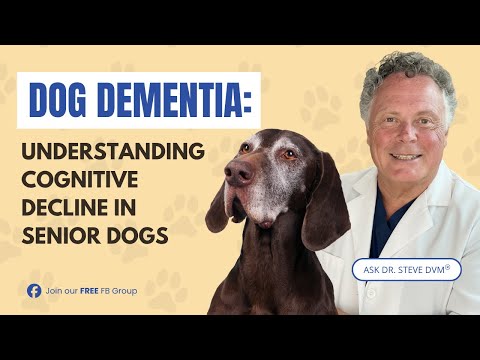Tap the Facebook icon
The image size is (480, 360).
pyautogui.click(x=33, y=291)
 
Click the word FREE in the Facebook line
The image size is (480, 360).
pyautogui.click(x=99, y=291)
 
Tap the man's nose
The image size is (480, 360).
pyautogui.click(x=404, y=135)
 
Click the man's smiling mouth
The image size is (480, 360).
pyautogui.click(x=404, y=156)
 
